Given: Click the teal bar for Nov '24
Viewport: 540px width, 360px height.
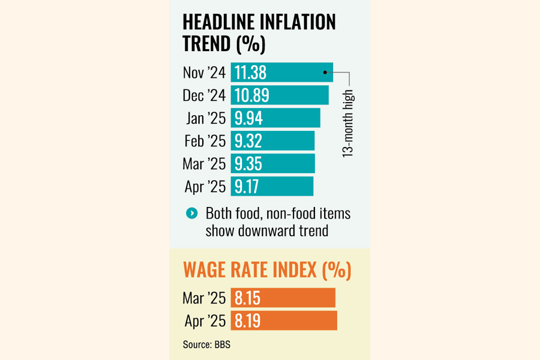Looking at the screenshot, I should point(281,73).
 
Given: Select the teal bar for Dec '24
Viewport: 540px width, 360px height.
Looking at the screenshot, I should point(280,95).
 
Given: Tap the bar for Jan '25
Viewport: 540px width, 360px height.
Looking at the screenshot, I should point(275,118).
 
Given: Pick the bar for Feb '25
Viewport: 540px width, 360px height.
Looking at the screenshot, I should point(272,140).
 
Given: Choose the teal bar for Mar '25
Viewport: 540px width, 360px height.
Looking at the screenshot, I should point(272,163).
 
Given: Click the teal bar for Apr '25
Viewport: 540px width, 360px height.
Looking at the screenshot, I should point(272,186).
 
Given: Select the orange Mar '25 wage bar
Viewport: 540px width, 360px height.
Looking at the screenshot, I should point(283,298).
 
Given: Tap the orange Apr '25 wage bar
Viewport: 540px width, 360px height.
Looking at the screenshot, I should point(284,320).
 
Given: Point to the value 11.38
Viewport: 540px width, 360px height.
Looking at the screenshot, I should point(250,73).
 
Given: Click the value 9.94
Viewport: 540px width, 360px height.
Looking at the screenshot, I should point(248,118).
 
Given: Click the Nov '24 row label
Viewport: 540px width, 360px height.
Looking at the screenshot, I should point(204,73).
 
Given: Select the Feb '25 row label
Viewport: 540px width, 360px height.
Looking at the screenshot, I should point(205,141).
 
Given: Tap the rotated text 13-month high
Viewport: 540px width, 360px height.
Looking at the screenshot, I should point(348,124).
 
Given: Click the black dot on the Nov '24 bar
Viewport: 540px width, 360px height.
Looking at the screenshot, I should point(325,72).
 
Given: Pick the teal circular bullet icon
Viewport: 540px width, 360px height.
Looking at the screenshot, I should point(191,213).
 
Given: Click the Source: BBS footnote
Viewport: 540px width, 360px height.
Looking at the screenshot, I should point(206,344).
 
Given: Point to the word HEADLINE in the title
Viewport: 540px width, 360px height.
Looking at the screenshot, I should point(218,22).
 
